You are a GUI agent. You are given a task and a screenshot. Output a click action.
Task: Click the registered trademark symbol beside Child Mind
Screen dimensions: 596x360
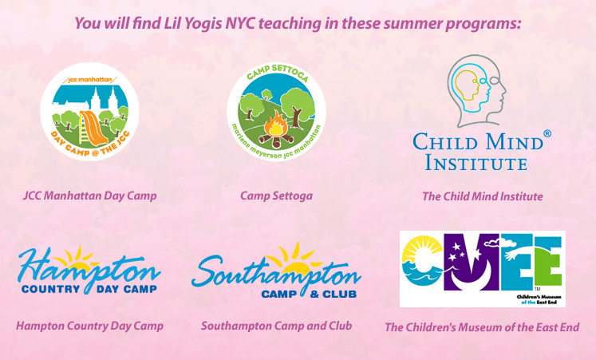point(547,134)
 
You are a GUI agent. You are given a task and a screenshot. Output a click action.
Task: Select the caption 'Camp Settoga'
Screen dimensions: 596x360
point(276,196)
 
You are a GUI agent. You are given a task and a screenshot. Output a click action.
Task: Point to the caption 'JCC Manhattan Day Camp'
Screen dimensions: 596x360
point(89,196)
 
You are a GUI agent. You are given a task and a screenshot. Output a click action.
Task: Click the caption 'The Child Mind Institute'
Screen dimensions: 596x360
point(483,196)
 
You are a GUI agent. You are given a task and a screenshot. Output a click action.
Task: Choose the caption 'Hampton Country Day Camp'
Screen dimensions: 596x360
point(89,326)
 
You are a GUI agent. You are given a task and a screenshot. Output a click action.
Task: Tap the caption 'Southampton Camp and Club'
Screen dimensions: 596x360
point(276,326)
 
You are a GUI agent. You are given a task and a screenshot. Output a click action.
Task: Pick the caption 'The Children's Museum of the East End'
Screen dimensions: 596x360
point(482,327)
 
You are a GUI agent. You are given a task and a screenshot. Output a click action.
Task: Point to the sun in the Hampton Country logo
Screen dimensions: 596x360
point(78,259)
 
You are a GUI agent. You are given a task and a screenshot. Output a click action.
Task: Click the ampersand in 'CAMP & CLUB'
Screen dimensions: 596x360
point(314,294)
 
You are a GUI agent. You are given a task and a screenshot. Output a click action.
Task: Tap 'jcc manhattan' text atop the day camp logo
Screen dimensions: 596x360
point(90,80)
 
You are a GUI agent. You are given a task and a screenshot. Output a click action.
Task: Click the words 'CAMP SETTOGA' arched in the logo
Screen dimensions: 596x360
point(278,73)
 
